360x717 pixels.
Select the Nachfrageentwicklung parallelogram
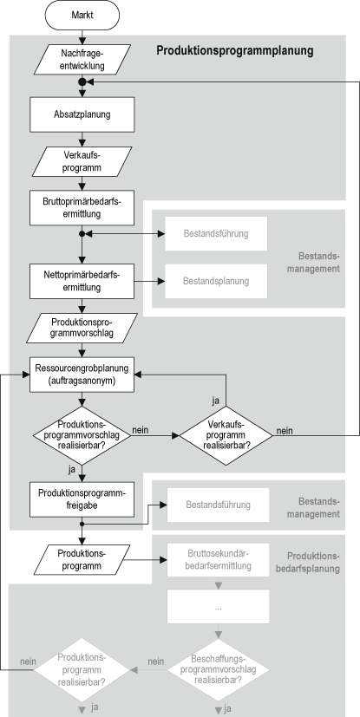[x=82, y=58]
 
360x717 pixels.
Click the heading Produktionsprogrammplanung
[x=234, y=51]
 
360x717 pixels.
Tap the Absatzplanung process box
[x=82, y=113]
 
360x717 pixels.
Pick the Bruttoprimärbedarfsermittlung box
[x=82, y=208]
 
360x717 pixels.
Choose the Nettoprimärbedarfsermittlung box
[x=82, y=281]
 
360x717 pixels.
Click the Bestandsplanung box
[x=216, y=281]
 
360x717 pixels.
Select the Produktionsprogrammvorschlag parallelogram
[x=82, y=328]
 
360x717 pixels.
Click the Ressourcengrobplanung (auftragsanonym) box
[x=82, y=374]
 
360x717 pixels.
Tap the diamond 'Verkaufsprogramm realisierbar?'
[x=226, y=430]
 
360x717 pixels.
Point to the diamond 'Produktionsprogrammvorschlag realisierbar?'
[x=82, y=430]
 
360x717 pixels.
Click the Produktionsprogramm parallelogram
[x=82, y=558]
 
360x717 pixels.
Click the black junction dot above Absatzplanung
[x=82, y=81]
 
